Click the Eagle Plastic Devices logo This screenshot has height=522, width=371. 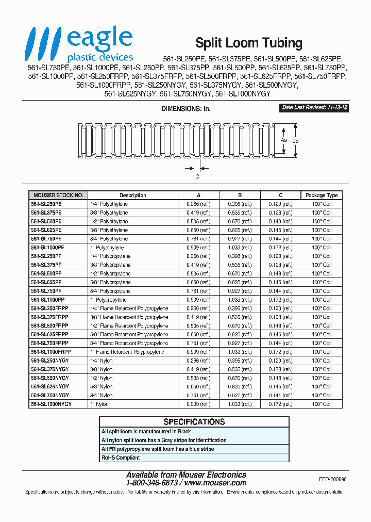[x=80, y=45]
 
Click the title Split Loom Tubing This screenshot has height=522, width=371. [x=248, y=43]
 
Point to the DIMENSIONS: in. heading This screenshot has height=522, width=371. [x=185, y=109]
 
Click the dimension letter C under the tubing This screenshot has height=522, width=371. [x=197, y=176]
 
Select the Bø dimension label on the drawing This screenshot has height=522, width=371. [x=295, y=140]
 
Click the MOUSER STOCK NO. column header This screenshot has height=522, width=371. [x=58, y=195]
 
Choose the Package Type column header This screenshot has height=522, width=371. [x=322, y=195]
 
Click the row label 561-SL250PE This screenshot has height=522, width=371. [x=46, y=204]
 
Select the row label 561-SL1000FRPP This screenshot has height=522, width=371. [x=50, y=352]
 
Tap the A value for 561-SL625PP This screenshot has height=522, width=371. [x=198, y=283]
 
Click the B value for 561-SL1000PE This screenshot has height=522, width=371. [x=240, y=248]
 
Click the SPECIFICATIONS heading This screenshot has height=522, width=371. [x=194, y=422]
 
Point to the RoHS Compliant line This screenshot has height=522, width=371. [x=121, y=458]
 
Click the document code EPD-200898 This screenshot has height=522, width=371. [x=332, y=479]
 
